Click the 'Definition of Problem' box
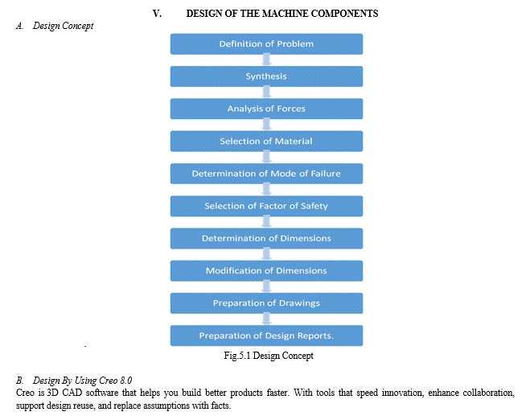coord(266,44)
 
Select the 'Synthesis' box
coord(266,76)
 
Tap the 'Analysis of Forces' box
coord(266,109)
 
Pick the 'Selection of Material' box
coord(266,142)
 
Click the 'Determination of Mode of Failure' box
coord(266,174)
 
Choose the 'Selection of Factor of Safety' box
coord(266,206)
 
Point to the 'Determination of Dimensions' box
coord(266,238)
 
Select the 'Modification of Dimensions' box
coord(266,270)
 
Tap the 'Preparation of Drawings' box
coord(266,303)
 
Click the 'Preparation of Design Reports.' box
coord(266,336)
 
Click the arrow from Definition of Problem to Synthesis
coord(266,60)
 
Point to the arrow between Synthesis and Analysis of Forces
coord(266,93)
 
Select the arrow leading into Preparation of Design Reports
coord(266,319)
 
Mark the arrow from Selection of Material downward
coord(266,158)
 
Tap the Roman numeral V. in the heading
coord(157,14)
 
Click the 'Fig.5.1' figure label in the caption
coord(237,356)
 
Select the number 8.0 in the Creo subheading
coord(125,381)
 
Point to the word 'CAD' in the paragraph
coord(72,393)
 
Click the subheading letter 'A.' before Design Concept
coord(20,26)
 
